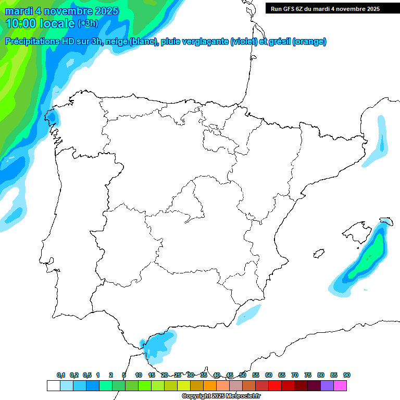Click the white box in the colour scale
click(x=53, y=385)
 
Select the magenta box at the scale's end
click(x=340, y=385)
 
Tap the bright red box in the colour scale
click(x=275, y=385)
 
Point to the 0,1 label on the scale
click(x=61, y=375)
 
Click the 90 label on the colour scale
click(x=346, y=375)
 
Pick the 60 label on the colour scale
click(x=269, y=375)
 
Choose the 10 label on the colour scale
click(x=139, y=375)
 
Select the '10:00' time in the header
click(x=21, y=23)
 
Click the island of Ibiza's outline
click(x=317, y=254)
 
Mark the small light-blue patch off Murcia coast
click(x=248, y=314)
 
